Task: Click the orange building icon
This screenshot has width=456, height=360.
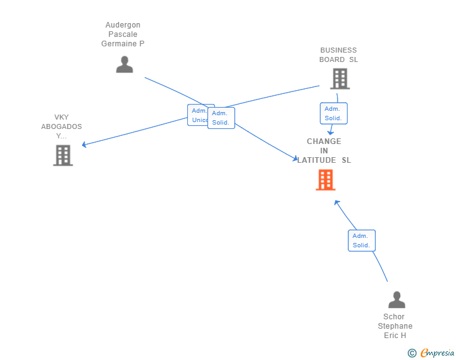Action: (x=326, y=180)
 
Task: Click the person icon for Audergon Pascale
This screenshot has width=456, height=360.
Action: (x=125, y=64)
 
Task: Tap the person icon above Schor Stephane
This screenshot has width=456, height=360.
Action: (x=396, y=299)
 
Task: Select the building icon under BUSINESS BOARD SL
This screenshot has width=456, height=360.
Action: (x=340, y=79)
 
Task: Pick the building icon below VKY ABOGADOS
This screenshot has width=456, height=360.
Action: (x=63, y=155)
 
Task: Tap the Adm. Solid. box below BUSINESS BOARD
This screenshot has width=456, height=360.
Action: (x=334, y=113)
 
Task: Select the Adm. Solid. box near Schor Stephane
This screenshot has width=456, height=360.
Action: (x=362, y=240)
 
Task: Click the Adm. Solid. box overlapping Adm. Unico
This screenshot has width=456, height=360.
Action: (x=221, y=118)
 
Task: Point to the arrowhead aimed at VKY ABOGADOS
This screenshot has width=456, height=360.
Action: (x=84, y=144)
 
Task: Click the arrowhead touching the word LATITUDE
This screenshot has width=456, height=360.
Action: (x=295, y=158)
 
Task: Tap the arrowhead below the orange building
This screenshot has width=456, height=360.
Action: (x=337, y=202)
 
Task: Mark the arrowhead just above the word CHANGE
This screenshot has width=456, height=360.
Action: (x=330, y=133)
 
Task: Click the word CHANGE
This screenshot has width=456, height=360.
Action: (x=324, y=141)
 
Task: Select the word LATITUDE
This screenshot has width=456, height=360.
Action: (x=316, y=160)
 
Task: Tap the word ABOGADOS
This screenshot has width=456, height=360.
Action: (x=61, y=126)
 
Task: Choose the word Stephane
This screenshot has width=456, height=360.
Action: (x=395, y=326)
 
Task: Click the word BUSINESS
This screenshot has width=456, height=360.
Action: (x=338, y=50)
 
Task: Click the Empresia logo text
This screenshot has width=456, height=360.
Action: (x=437, y=352)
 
